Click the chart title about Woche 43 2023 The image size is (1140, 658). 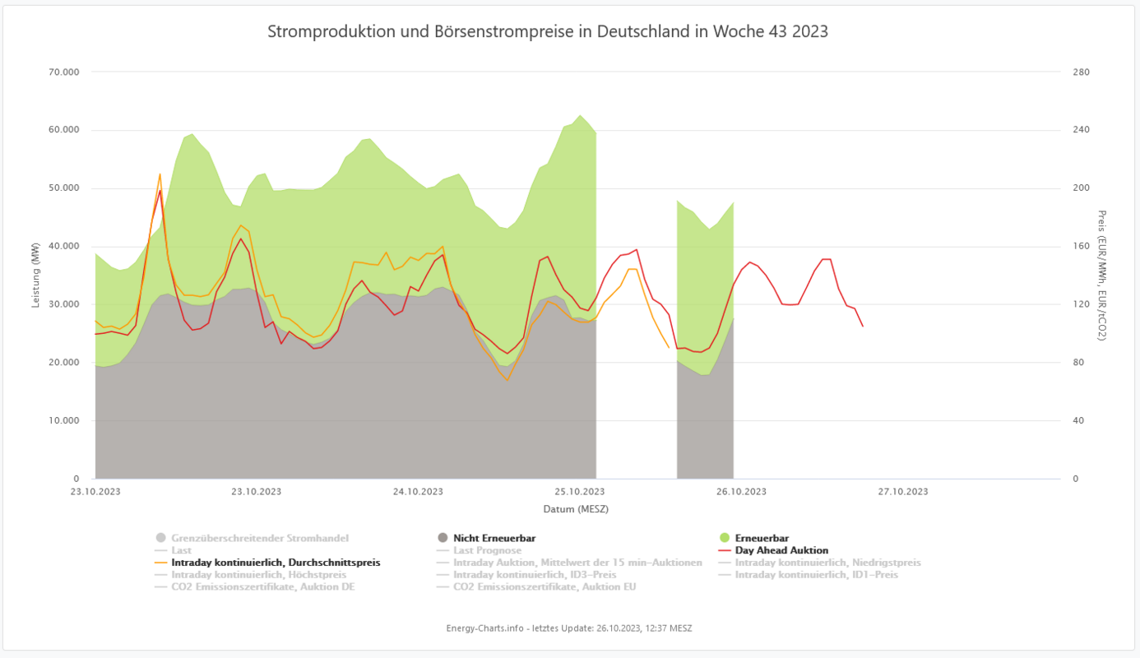(548, 31)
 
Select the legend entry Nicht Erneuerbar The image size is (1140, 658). (494, 538)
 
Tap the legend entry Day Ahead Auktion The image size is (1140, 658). (781, 550)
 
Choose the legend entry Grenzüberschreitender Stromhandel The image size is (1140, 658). (259, 538)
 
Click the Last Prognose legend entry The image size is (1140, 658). (487, 550)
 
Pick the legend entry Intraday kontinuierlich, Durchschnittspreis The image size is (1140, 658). (276, 563)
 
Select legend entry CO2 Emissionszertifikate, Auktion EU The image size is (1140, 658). (544, 586)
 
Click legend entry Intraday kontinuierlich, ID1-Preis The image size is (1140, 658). (816, 574)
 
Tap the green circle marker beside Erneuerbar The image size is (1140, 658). (724, 538)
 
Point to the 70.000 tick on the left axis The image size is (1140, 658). (63, 72)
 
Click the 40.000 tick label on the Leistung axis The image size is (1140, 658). (63, 247)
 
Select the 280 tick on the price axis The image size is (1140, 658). (1081, 72)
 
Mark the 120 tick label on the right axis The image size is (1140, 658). (1081, 304)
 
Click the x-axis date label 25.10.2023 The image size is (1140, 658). (578, 492)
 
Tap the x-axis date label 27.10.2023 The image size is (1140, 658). (902, 492)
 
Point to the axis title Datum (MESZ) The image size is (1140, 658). (576, 509)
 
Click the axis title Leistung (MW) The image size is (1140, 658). (36, 276)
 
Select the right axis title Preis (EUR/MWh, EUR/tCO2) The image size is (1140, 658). (1102, 276)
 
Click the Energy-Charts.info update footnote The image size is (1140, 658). (569, 628)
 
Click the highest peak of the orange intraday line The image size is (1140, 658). (160, 174)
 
